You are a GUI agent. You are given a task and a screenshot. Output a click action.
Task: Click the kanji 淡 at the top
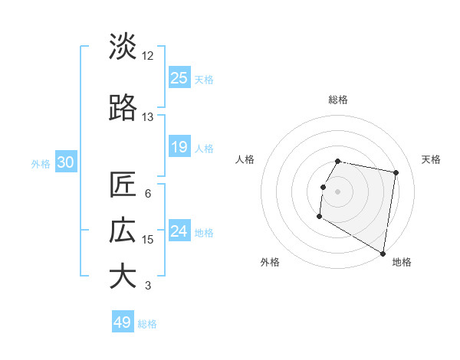tap(123, 47)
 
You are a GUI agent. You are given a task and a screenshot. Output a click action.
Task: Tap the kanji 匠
tap(123, 185)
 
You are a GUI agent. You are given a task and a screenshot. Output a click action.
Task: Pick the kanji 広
tap(123, 231)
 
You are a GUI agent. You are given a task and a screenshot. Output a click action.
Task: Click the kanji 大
tap(123, 277)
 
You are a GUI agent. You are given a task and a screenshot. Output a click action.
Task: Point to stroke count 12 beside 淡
tap(148, 56)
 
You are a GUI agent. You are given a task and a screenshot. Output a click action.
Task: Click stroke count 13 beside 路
tap(148, 117)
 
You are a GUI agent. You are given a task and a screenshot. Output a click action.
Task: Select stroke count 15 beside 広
tap(148, 240)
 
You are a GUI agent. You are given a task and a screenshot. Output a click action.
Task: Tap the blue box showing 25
tap(179, 78)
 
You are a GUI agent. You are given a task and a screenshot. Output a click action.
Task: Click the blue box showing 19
tap(179, 147)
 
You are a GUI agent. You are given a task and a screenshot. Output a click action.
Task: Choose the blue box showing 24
tap(179, 231)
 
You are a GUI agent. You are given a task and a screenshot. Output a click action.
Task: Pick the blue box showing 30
tap(65, 162)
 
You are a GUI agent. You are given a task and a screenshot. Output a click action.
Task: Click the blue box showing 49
tap(123, 322)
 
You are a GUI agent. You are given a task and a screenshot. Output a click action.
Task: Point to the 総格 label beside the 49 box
tap(147, 324)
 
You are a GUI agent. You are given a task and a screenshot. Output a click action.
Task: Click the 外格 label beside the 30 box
tap(41, 163)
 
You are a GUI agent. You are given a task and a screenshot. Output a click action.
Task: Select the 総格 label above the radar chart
tap(338, 100)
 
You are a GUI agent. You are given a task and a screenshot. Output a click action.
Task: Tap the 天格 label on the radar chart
tap(432, 159)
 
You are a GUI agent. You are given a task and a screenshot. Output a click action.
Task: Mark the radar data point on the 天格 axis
tap(396, 174)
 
